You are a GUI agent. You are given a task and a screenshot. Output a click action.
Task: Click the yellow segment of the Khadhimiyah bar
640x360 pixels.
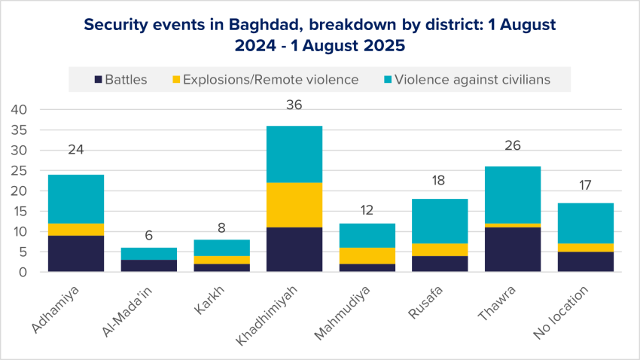[x=294, y=204]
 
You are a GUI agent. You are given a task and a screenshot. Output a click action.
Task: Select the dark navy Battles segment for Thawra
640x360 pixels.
[x=514, y=249]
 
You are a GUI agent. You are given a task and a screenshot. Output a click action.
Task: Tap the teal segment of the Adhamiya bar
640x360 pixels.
[x=76, y=199]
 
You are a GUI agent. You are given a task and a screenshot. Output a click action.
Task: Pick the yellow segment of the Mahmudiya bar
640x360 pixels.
[x=367, y=255]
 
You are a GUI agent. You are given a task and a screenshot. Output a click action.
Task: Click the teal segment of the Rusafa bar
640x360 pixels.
[x=440, y=221]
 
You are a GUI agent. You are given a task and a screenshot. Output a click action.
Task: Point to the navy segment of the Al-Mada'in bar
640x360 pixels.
[x=149, y=265]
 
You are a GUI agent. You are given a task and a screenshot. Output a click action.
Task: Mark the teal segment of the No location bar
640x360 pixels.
[x=587, y=223]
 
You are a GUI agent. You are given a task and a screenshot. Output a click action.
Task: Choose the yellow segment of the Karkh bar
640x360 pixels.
[x=221, y=260]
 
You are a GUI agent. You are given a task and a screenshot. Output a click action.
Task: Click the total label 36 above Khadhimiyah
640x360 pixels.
[x=294, y=105]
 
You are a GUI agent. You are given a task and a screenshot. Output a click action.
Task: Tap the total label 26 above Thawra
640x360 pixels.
[x=514, y=146]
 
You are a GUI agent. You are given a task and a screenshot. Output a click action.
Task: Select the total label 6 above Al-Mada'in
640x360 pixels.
[x=149, y=235]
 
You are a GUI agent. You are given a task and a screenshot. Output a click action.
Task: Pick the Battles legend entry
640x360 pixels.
[x=120, y=79]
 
